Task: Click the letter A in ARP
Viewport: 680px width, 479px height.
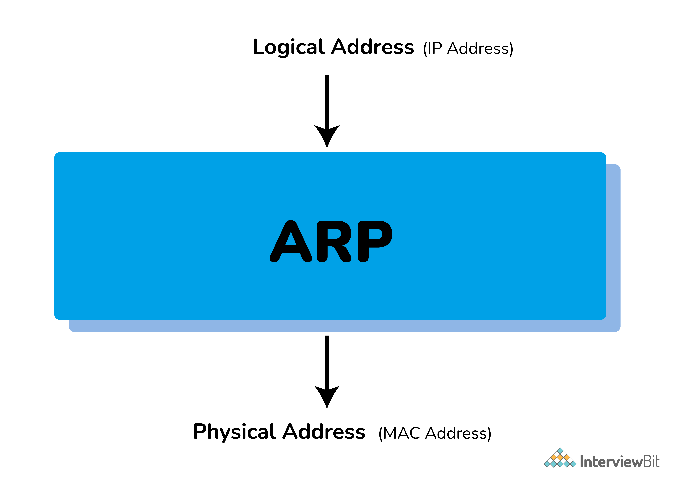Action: click(291, 241)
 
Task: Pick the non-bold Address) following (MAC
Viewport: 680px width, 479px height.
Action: click(458, 433)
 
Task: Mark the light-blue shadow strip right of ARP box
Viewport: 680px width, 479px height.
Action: click(613, 246)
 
